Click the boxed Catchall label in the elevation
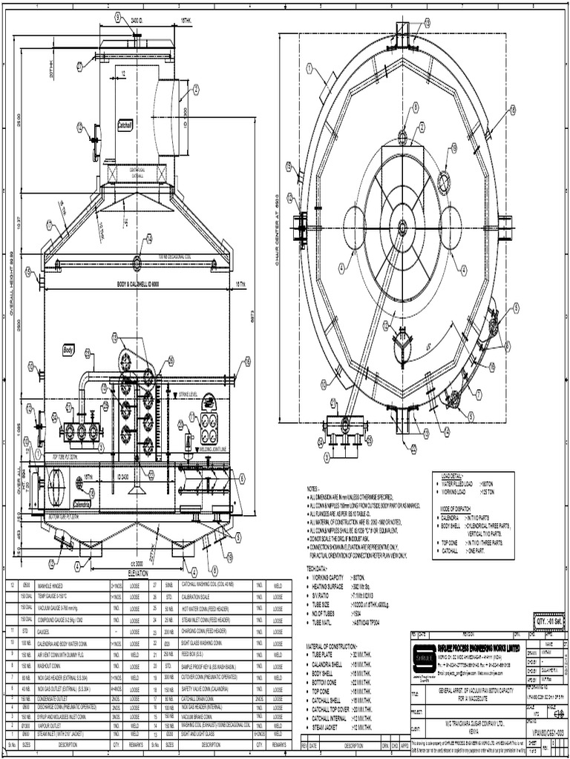point(125,126)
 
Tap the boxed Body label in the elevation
point(69,348)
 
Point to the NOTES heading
point(312,488)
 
